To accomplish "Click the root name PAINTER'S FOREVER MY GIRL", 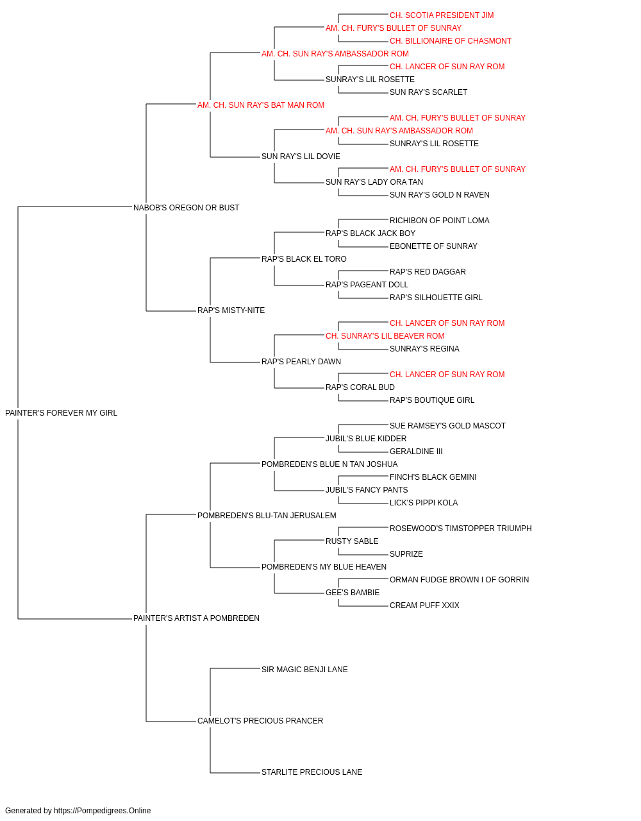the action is (x=61, y=413).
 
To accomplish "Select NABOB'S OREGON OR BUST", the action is (x=186, y=208).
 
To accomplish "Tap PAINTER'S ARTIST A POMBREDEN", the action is (x=196, y=618).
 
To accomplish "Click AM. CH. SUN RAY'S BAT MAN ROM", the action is (x=261, y=105).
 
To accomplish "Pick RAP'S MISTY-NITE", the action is (x=231, y=310).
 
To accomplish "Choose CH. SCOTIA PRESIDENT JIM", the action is (x=442, y=15).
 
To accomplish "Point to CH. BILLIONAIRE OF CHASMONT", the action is (x=451, y=41).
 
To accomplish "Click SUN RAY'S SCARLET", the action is (x=428, y=92).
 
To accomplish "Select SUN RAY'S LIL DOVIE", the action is (x=301, y=157).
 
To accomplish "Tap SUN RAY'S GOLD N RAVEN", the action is (x=440, y=195).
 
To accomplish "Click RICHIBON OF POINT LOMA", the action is (x=440, y=221).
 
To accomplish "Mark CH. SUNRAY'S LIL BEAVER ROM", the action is (x=385, y=336).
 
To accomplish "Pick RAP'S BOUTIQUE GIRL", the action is (x=432, y=400).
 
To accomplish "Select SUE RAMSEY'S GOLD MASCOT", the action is (x=447, y=426).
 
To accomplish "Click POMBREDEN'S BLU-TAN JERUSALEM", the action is (x=267, y=516).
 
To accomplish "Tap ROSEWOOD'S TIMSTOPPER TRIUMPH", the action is (x=460, y=529).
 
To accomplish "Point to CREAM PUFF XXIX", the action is (x=424, y=605).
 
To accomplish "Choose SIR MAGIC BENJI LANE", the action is (x=304, y=670).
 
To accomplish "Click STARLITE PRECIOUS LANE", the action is (x=312, y=772).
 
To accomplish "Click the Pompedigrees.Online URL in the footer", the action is (x=103, y=811).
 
